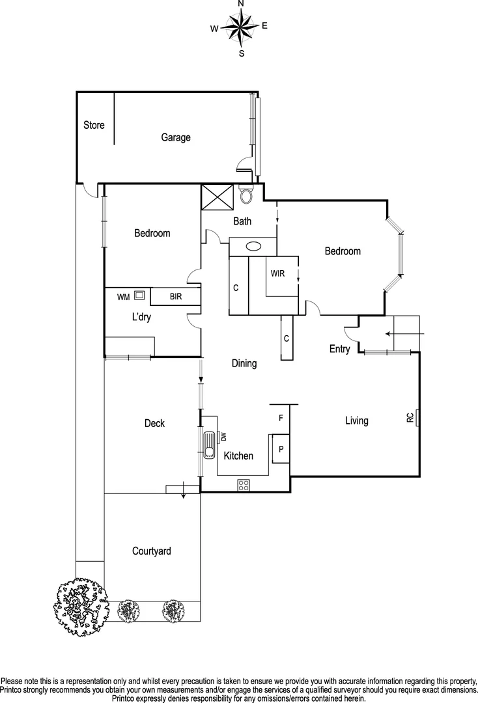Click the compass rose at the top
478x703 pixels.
tap(240, 27)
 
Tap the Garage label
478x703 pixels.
tap(176, 137)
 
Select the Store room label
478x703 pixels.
tap(94, 125)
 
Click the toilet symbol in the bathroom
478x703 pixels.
tap(246, 195)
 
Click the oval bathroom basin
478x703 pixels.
tap(255, 247)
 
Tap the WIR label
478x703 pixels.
tap(278, 273)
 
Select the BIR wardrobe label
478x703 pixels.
tap(175, 297)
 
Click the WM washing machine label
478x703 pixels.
tap(123, 297)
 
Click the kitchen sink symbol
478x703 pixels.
tap(209, 446)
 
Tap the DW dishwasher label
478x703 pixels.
tap(223, 436)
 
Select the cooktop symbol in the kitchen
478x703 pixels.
tap(244, 484)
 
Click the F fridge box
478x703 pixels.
tap(281, 419)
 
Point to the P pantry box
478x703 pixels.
tap(281, 449)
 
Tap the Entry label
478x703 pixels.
tap(339, 349)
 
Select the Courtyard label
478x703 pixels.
tap(152, 551)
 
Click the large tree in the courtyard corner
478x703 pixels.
tap(80, 605)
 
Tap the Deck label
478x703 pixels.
tap(154, 424)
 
